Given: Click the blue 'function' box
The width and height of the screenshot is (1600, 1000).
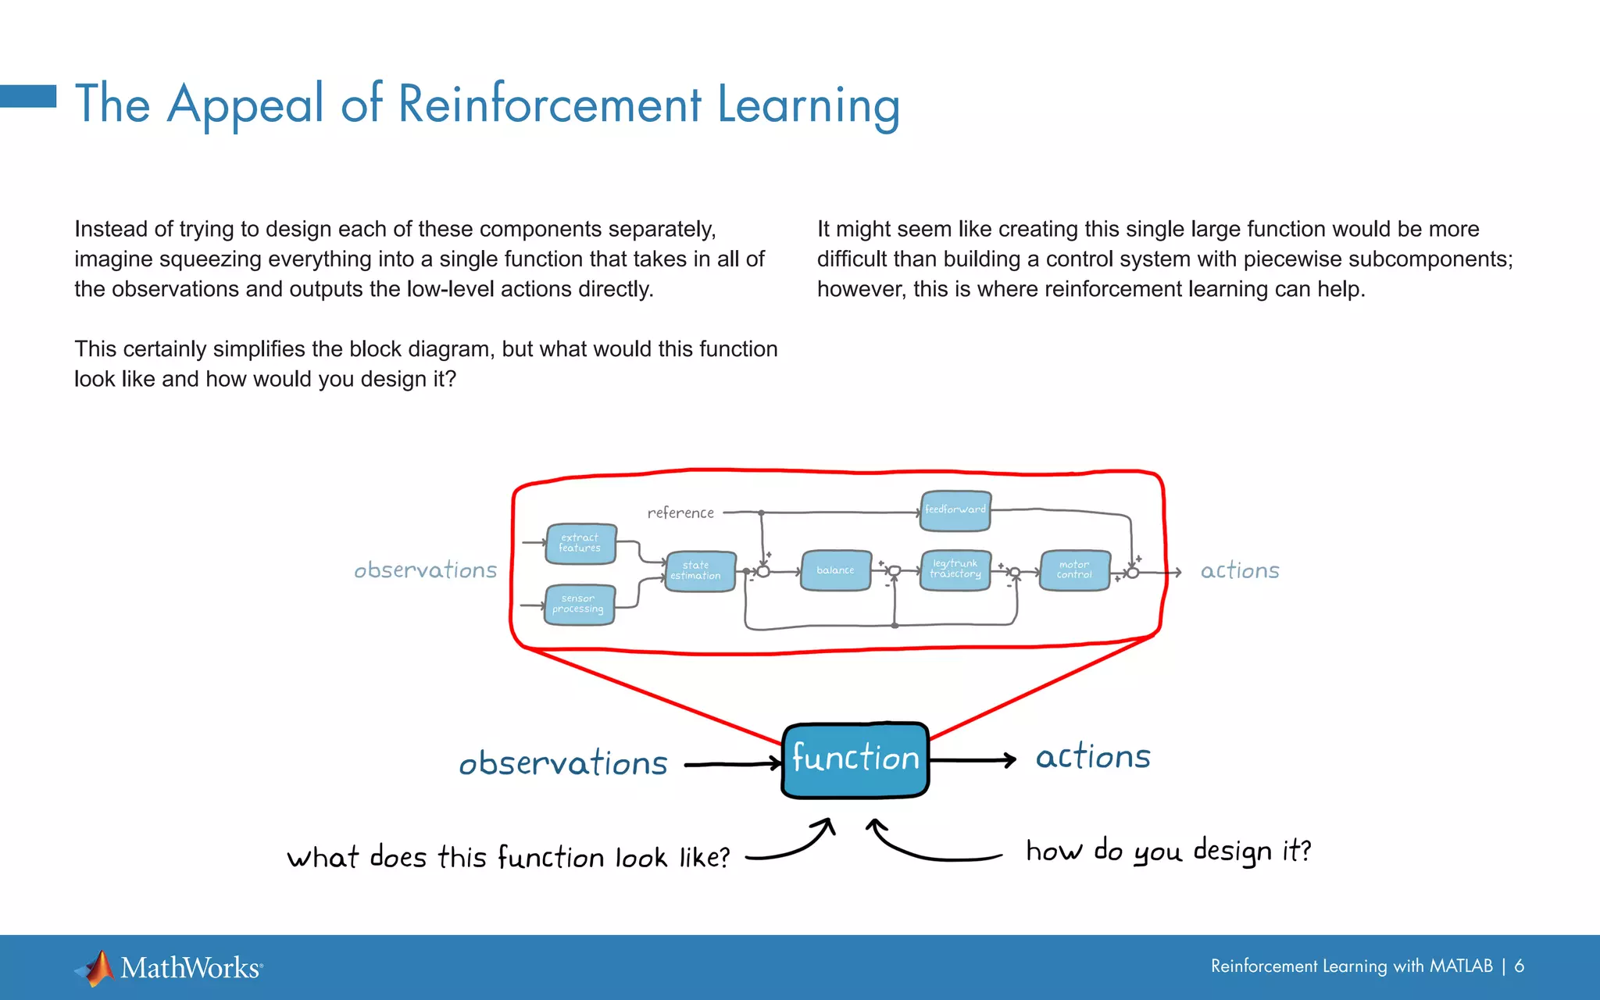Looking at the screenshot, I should [855, 759].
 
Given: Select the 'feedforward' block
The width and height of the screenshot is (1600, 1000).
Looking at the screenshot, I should [955, 510].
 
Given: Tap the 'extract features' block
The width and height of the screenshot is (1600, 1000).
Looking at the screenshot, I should [580, 544].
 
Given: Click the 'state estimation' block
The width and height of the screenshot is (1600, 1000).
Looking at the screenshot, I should [699, 571].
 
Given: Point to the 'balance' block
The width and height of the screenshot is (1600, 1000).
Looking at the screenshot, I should [836, 570].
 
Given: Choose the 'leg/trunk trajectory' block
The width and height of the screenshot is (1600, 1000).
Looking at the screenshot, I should [955, 570].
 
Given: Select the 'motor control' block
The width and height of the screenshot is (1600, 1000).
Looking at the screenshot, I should [1075, 570].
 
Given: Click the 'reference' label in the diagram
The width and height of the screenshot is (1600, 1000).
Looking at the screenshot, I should [680, 512].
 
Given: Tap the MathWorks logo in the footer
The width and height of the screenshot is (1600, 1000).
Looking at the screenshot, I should [169, 968].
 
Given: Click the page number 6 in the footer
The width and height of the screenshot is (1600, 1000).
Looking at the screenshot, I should [1519, 966].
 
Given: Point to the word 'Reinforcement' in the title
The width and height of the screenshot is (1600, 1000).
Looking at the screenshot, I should [550, 104].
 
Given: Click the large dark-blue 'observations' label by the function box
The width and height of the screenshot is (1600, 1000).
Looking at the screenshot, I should [563, 763].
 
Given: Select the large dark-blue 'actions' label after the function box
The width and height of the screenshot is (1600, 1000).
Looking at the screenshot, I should [1093, 757].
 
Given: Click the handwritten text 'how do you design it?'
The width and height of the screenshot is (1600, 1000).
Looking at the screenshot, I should [1168, 851].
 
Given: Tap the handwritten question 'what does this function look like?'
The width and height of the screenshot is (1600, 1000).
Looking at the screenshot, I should [508, 858].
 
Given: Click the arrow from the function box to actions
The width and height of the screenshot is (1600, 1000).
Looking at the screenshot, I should [973, 759].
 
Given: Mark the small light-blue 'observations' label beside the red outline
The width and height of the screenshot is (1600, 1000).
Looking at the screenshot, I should [425, 570].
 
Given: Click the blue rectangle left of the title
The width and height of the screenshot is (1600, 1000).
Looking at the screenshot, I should [28, 96].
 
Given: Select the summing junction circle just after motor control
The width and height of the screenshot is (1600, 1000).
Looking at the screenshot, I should [1133, 573].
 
